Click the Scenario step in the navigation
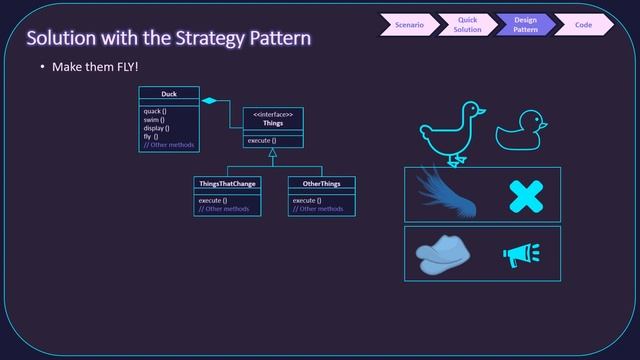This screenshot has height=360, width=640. coord(408,24)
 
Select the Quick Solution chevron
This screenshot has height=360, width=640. coord(467,24)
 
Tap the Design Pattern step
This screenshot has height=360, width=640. coord(526,24)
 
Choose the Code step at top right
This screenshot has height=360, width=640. coord(583,24)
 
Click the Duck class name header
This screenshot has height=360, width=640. coord(168,93)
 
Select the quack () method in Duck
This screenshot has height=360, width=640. coord(155,110)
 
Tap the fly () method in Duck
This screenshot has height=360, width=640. coord(151,136)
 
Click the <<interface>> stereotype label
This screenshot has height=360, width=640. coord(273,115)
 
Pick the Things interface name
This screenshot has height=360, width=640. coord(273,124)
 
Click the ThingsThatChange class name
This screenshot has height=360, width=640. coord(227,183)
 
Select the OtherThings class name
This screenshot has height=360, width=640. coord(321,183)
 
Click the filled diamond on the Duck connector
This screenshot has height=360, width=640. coord(210,101)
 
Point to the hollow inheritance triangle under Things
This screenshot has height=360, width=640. coord(273,153)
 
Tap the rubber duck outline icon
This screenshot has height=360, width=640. coord(521,131)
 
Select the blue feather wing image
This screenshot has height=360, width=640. coord(445,193)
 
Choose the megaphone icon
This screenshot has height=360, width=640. coord(520,256)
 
